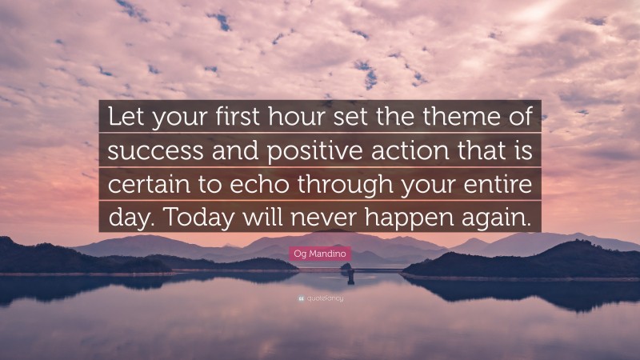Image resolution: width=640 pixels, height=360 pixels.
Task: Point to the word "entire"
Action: pos(495,183)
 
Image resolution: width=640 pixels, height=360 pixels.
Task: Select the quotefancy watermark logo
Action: pos(319,300)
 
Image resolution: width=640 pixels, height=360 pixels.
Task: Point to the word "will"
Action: pos(266,217)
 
